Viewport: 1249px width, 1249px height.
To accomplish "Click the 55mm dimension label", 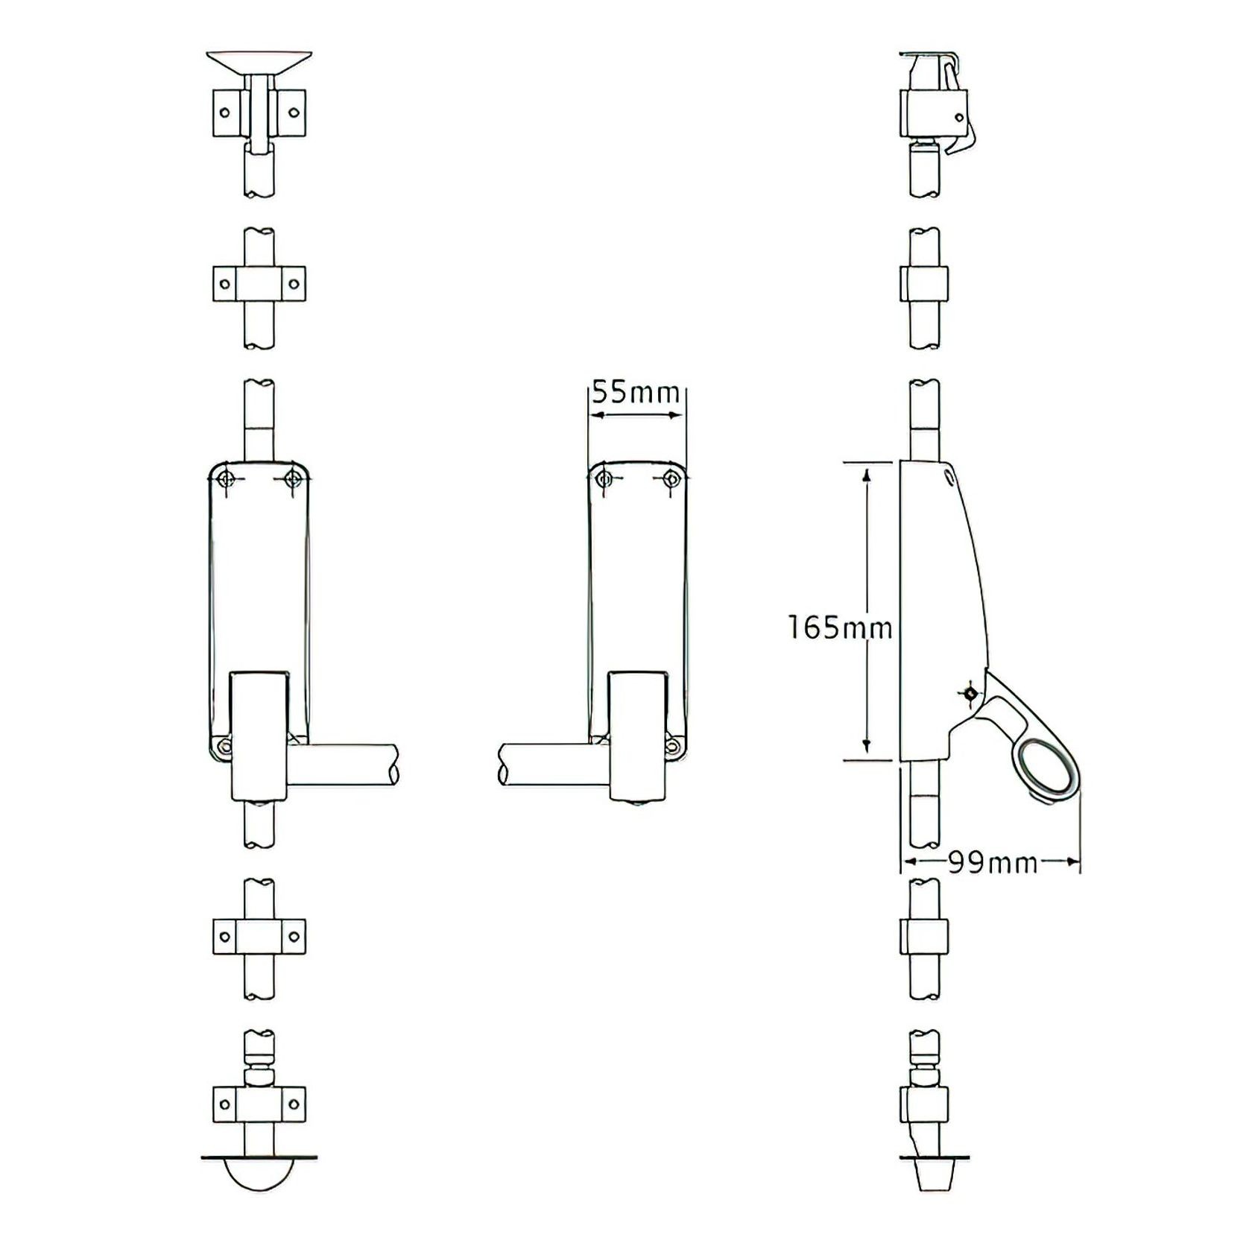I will coord(636,393).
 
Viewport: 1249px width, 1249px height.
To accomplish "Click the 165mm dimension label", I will coord(840,627).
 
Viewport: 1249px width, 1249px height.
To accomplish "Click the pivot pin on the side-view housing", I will coord(970,695).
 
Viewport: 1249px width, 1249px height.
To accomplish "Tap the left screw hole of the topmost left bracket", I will coord(224,113).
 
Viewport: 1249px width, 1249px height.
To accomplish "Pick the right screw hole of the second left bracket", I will coord(294,284).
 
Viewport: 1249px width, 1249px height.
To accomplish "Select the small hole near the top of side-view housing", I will coord(949,475).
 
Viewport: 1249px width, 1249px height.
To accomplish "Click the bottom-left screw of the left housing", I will coord(223,746).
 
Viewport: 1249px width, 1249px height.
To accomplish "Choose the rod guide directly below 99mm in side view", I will coord(925,937).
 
